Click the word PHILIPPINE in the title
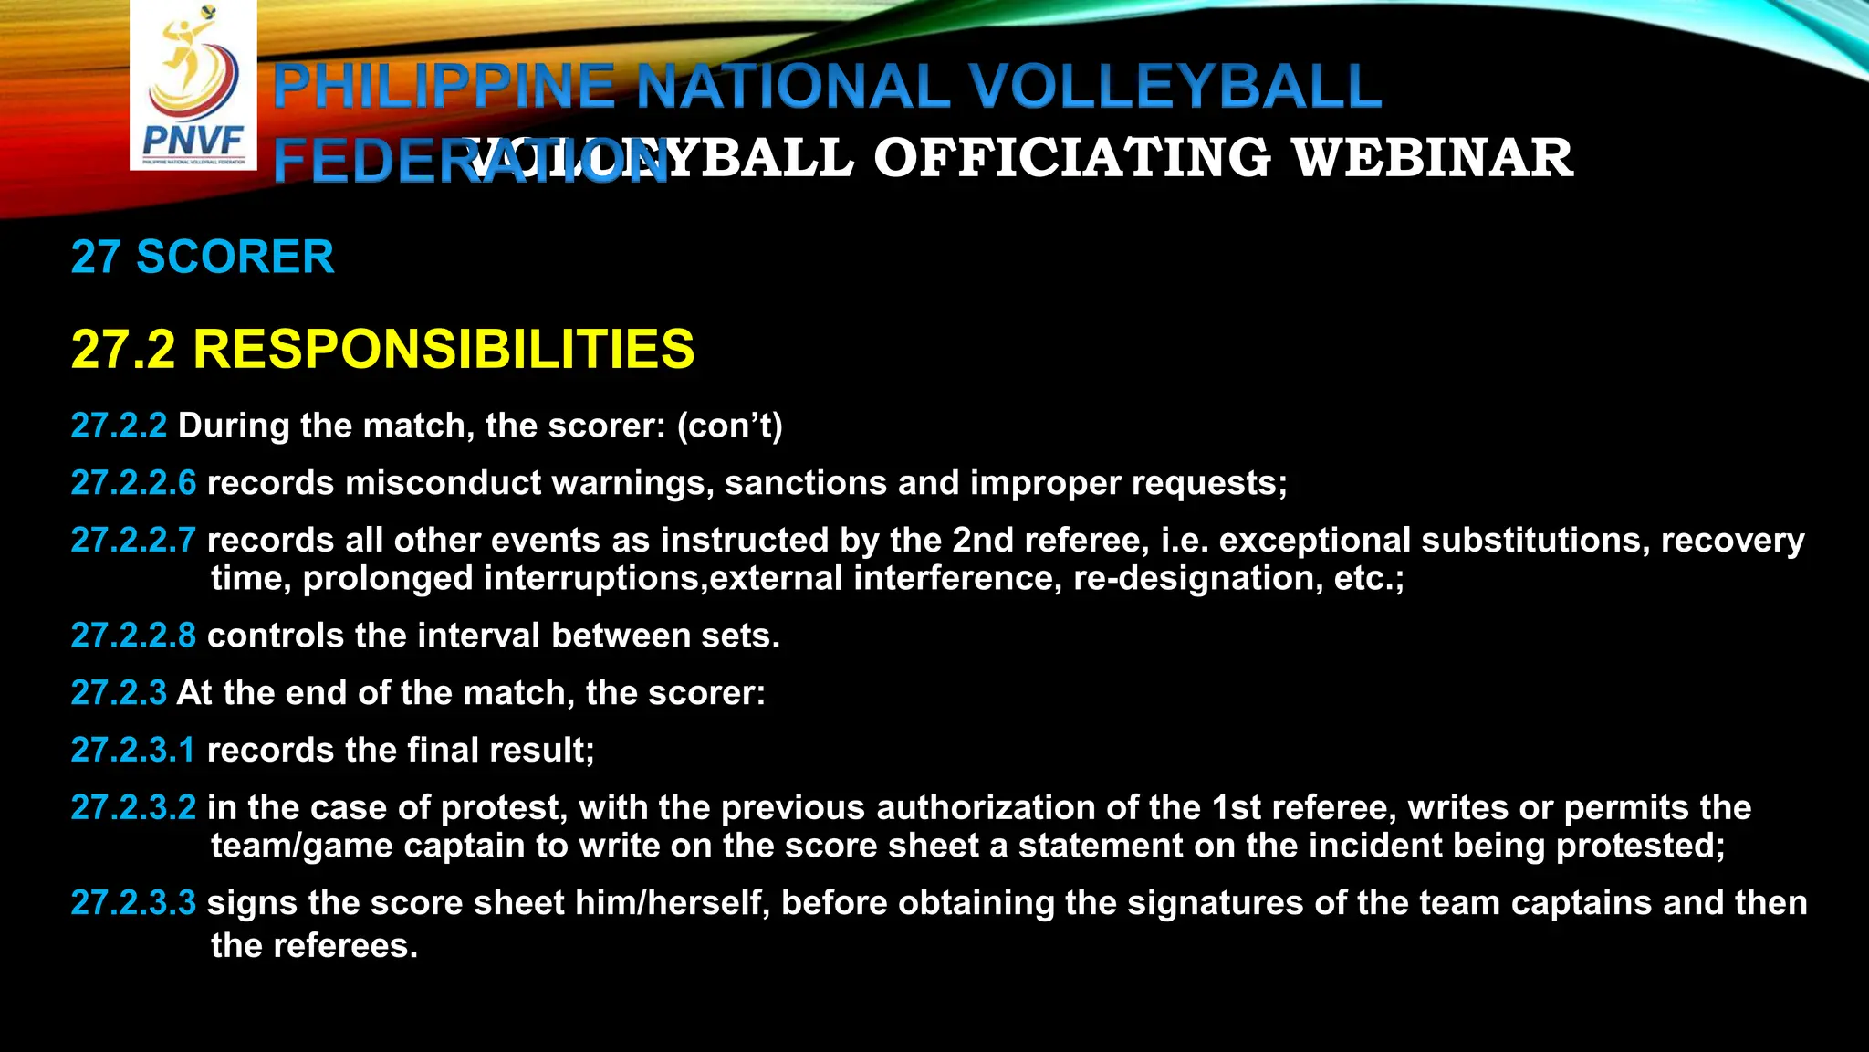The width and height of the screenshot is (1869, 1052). point(444,88)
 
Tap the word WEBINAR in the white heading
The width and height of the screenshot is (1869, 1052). point(1433,158)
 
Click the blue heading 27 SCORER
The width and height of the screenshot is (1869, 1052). point(203,257)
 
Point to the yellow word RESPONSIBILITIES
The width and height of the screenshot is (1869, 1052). point(444,350)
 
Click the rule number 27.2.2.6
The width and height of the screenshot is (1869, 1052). point(133,483)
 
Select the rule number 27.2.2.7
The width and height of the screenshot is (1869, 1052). point(133,541)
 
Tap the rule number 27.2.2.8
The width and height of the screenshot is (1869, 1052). point(133,636)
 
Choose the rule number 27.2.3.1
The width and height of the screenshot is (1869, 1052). point(133,751)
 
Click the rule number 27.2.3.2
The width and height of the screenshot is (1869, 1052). point(133,808)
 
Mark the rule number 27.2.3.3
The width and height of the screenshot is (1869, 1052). point(133,903)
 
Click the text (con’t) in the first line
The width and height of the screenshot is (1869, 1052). point(729,426)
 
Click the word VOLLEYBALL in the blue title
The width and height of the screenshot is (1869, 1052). point(1175,88)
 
